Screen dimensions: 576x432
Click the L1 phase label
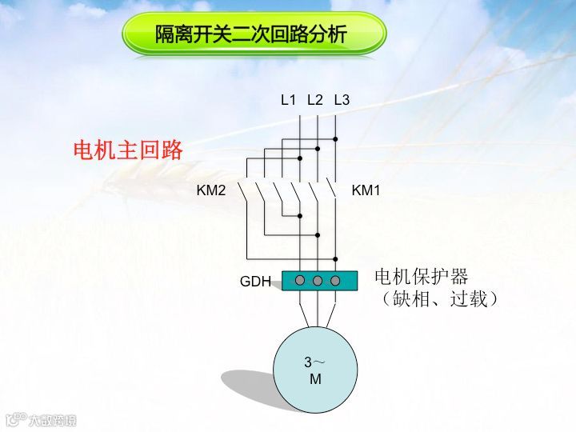point(288,100)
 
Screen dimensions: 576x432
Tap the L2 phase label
point(314,100)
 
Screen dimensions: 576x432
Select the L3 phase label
point(342,100)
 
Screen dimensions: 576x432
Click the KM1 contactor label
point(366,191)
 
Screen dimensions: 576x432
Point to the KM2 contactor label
point(212,191)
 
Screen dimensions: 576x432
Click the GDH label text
point(255,282)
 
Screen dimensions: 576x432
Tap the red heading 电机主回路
point(128,150)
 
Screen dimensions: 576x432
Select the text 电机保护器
point(421,277)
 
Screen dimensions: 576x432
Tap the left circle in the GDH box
point(300,280)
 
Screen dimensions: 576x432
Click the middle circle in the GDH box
point(318,280)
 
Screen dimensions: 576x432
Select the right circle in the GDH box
point(335,280)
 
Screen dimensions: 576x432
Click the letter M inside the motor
point(315,379)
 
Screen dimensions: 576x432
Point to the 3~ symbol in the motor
point(314,362)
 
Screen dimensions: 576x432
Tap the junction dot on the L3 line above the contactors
point(336,139)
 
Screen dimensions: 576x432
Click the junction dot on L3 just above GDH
point(336,259)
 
